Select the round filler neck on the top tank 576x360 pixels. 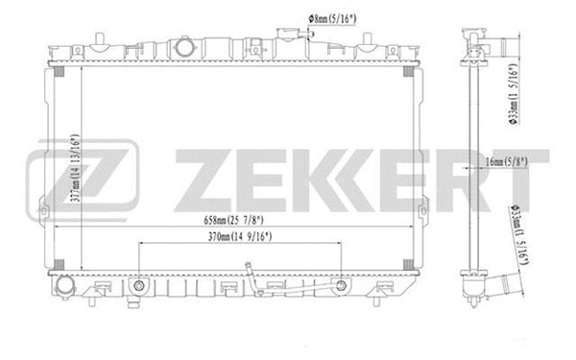pos(184,48)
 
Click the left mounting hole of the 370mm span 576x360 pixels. pos(140,285)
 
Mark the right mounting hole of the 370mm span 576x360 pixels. pos(340,285)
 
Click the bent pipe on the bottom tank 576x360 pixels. pos(252,278)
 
